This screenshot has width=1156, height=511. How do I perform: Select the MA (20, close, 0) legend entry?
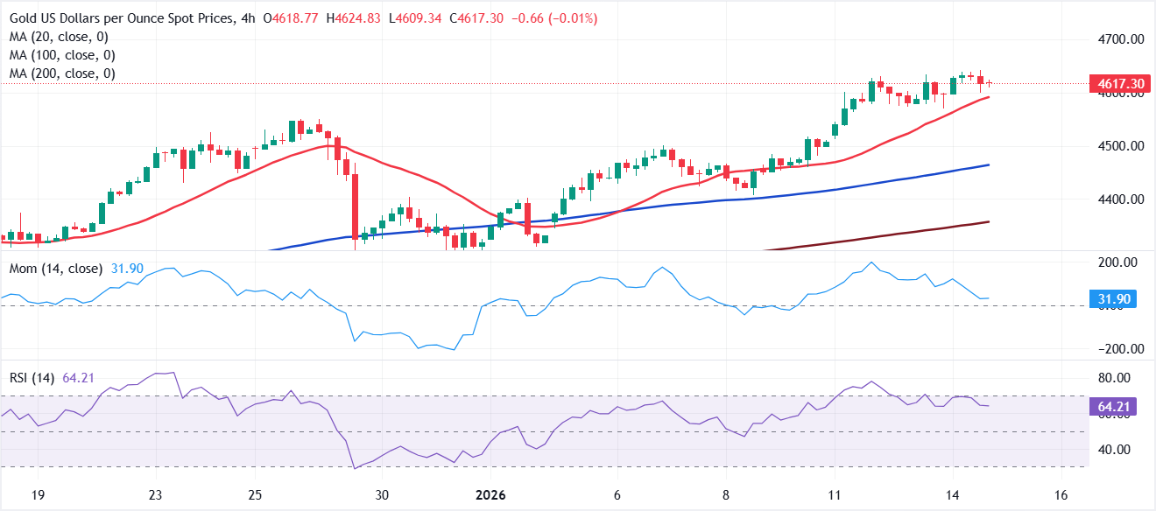(x=59, y=37)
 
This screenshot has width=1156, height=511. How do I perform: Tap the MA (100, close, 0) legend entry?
(x=62, y=55)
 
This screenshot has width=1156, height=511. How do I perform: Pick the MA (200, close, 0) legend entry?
(x=62, y=73)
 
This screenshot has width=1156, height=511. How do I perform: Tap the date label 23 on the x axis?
(x=156, y=494)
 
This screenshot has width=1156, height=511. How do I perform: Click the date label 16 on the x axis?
(x=1061, y=494)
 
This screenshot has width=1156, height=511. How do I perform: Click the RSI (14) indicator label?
(x=32, y=378)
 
